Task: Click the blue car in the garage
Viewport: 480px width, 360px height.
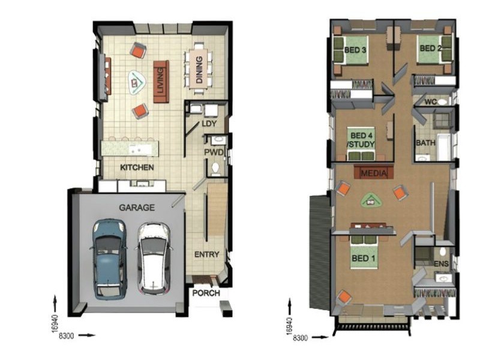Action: (x=110, y=259)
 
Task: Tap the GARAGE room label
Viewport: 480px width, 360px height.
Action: (x=137, y=208)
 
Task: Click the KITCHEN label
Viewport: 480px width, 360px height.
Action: (x=137, y=167)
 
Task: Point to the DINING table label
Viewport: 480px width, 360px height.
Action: (x=199, y=70)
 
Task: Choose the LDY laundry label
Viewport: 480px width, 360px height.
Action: (x=209, y=124)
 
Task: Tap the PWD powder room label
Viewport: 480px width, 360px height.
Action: (x=214, y=152)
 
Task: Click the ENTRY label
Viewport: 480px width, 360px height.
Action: (x=207, y=254)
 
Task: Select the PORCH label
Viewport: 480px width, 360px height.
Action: (x=206, y=293)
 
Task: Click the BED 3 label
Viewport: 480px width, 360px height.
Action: (x=355, y=50)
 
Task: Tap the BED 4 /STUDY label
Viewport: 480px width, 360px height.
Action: (x=361, y=140)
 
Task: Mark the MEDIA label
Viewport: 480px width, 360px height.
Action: (x=374, y=173)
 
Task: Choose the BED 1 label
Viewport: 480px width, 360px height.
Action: (x=364, y=259)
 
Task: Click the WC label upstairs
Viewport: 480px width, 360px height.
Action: (x=430, y=102)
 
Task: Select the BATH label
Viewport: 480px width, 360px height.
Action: (x=425, y=143)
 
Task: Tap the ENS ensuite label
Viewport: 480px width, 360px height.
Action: (x=441, y=263)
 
